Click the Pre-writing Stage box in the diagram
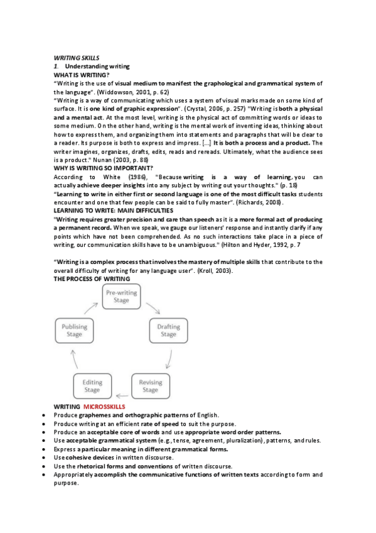pos(121,297)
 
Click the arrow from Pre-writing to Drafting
pos(154,306)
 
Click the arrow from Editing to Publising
pos(74,360)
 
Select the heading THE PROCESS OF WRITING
pos(92,278)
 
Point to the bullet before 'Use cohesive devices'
pos(42,458)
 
